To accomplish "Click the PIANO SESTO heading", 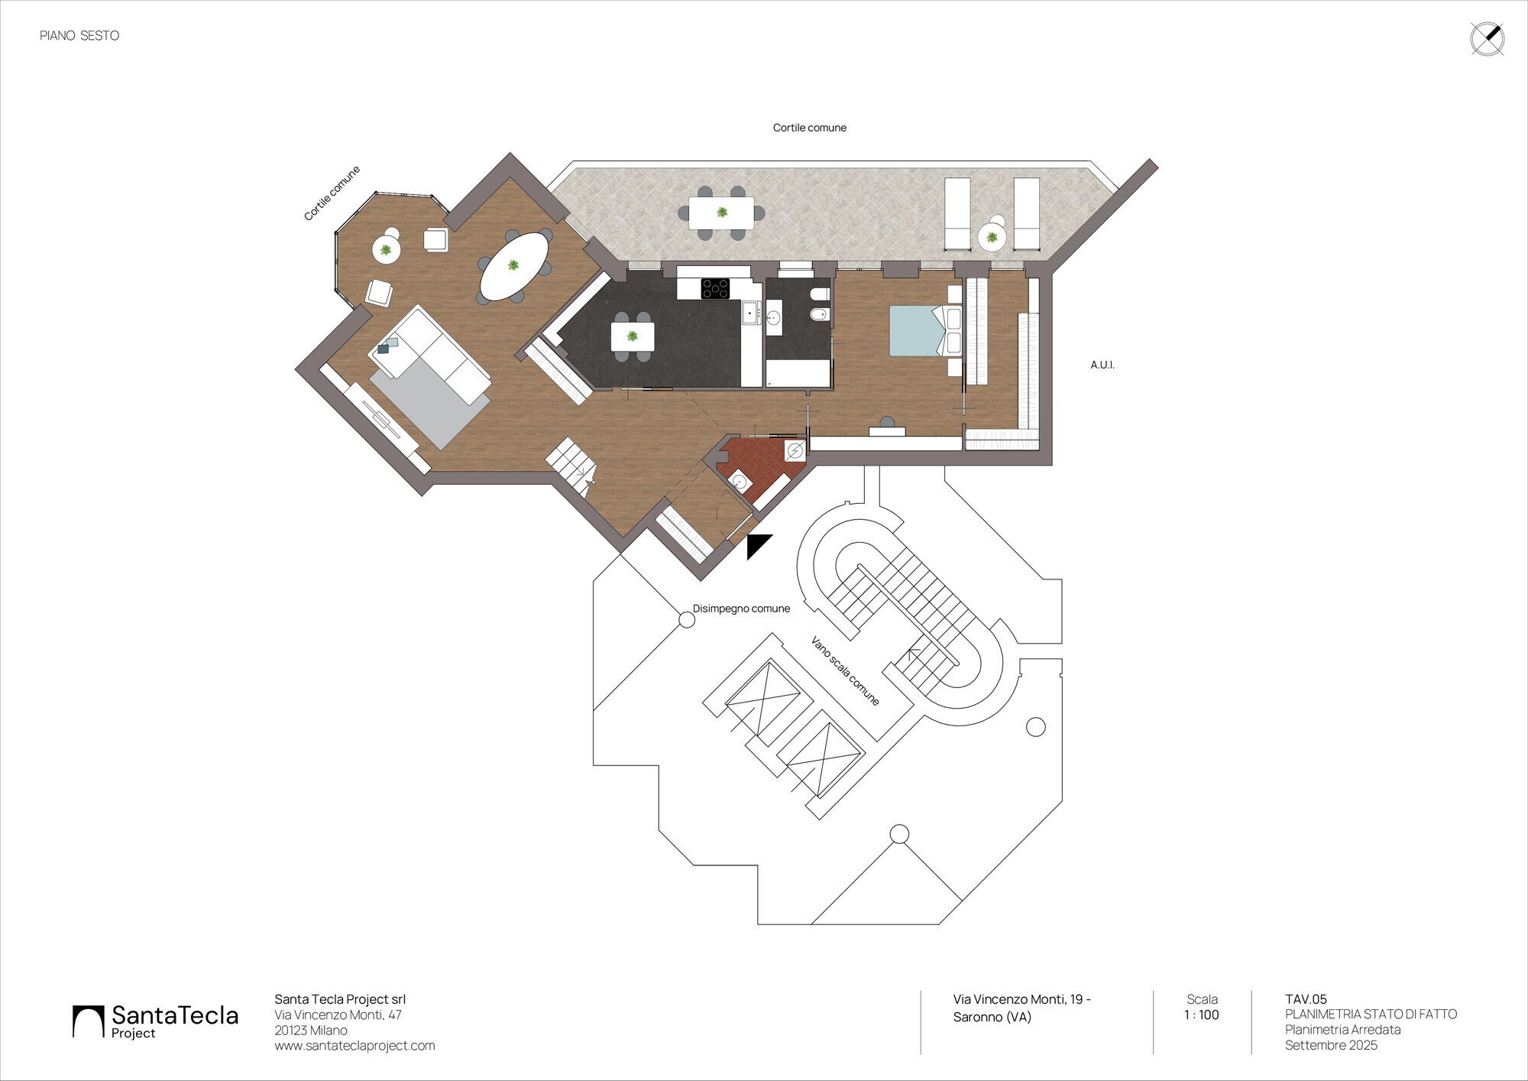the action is tap(79, 36).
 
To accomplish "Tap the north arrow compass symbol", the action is tap(1487, 40).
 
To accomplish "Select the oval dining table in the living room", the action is tap(513, 266).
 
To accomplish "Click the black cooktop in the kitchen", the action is tap(715, 288).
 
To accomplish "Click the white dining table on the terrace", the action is tap(721, 213).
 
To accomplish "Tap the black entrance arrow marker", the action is tap(757, 546).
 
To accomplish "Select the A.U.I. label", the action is tap(1102, 365).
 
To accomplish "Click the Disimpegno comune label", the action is tap(741, 609).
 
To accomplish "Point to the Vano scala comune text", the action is tap(845, 670).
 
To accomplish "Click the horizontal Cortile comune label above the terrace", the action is tap(810, 128).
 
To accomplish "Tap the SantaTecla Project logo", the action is tap(156, 1022).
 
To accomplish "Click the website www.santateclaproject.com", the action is tap(354, 1046).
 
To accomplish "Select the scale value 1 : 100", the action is tap(1202, 1015).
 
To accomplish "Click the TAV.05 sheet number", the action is tap(1306, 999).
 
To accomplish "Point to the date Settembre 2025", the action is tap(1331, 1045).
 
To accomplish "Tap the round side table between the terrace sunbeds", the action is tap(992, 237).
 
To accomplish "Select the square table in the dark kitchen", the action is tap(633, 336).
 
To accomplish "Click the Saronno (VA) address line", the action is tap(992, 1018).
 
